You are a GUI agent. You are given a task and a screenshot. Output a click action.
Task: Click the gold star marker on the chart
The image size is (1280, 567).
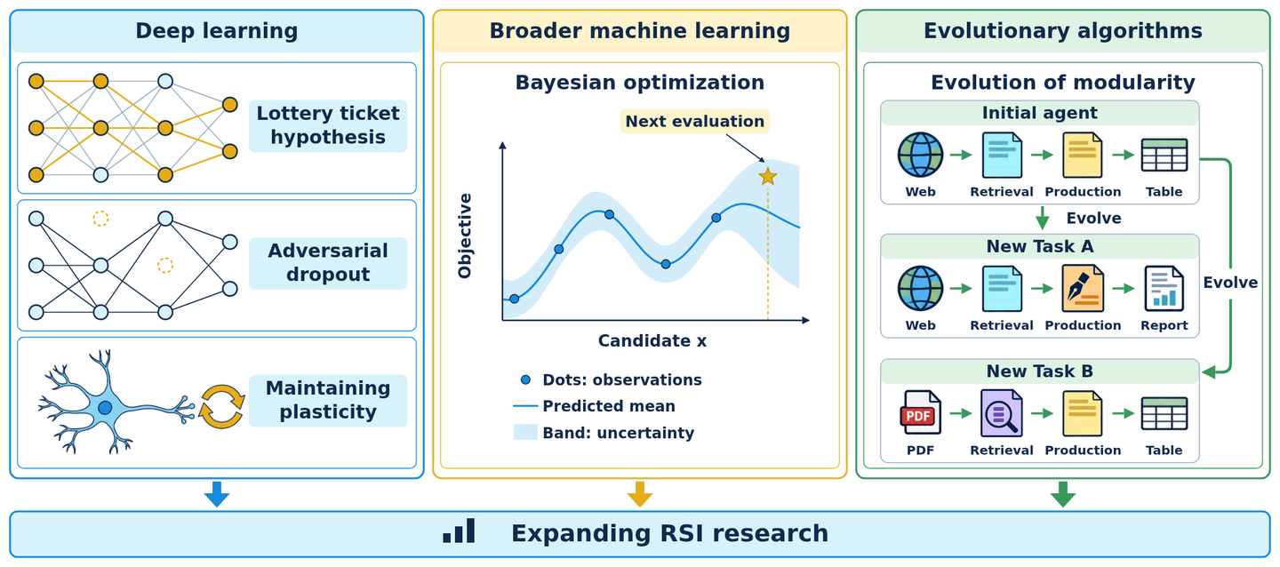tap(767, 177)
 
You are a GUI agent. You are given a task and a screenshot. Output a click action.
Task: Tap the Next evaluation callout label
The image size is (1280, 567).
tap(694, 121)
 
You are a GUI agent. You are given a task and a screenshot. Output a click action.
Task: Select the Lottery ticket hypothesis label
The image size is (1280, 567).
tap(328, 125)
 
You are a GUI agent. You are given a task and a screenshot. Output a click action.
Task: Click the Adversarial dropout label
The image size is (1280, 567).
tap(328, 263)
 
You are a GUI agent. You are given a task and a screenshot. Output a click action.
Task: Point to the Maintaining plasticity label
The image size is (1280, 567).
tap(328, 400)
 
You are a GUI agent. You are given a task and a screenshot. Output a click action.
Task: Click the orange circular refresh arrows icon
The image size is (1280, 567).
tap(221, 407)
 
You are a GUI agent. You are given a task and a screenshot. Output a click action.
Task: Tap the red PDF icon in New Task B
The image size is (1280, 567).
tap(920, 413)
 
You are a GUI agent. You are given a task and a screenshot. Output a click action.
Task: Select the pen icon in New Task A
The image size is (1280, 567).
tap(1083, 289)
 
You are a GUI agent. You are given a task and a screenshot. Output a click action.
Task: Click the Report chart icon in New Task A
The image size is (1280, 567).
tap(1164, 289)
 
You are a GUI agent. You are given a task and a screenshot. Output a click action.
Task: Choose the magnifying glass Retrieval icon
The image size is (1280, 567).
tap(1001, 413)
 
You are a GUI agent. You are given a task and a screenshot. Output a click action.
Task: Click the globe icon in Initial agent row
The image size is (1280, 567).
tap(920, 155)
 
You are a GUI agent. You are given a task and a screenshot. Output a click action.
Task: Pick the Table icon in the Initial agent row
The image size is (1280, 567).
tap(1164, 156)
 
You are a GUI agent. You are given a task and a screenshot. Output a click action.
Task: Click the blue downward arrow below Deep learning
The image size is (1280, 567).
tap(217, 494)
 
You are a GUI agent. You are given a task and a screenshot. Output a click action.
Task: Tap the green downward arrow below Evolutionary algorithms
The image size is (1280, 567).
tap(1063, 494)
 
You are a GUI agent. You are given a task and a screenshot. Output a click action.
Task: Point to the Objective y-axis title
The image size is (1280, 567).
tap(465, 236)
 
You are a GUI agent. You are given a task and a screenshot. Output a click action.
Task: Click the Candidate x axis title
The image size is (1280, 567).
tap(652, 340)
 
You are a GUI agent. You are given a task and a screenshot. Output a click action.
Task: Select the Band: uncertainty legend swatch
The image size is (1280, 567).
tap(525, 432)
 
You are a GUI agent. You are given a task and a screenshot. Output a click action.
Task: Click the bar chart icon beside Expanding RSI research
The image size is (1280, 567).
tap(459, 531)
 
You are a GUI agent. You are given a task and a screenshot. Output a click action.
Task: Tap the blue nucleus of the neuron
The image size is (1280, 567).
tap(105, 408)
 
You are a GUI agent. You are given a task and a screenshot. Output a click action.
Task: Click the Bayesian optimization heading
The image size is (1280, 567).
tap(639, 83)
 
